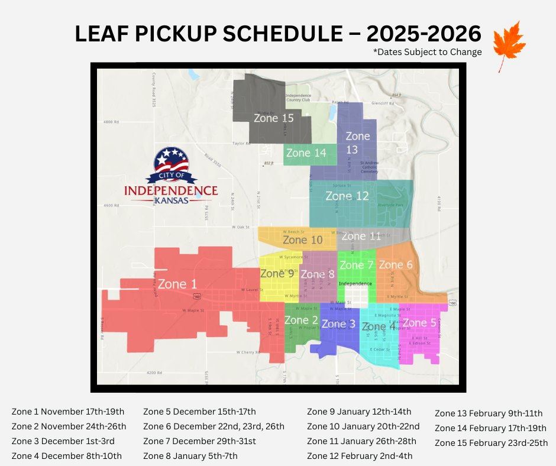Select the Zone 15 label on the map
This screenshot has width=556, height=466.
pyautogui.click(x=273, y=118)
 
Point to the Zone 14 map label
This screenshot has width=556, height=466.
pyautogui.click(x=306, y=153)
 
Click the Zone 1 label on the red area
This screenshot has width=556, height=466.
pyautogui.click(x=177, y=284)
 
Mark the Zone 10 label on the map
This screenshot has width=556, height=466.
pyautogui.click(x=302, y=240)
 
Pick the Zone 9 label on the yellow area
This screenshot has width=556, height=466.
pyautogui.click(x=277, y=273)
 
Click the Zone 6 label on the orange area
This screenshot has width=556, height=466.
pyautogui.click(x=395, y=265)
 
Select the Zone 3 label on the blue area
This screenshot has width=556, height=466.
pyautogui.click(x=338, y=324)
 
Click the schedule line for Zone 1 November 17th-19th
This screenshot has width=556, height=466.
pyautogui.click(x=68, y=412)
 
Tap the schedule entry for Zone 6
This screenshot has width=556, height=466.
pyautogui.click(x=214, y=426)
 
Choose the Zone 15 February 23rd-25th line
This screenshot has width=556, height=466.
pyautogui.click(x=491, y=443)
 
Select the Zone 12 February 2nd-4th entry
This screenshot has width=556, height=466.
pyautogui.click(x=360, y=456)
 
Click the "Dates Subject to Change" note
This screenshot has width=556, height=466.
pyautogui.click(x=427, y=52)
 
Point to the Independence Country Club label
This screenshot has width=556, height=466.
pyautogui.click(x=298, y=98)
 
